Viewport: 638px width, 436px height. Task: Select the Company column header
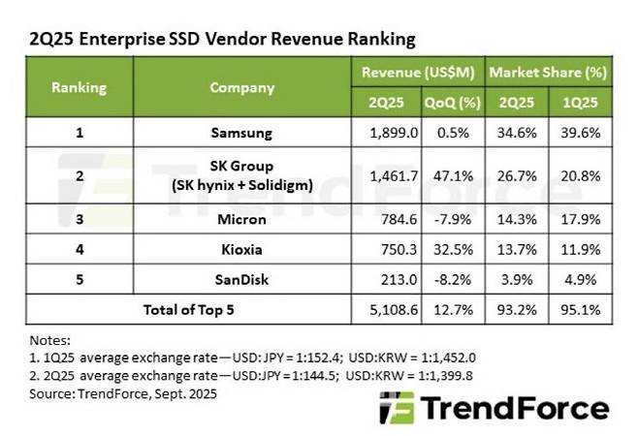tap(238, 86)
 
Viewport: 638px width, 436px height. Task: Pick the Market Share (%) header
tap(548, 73)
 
